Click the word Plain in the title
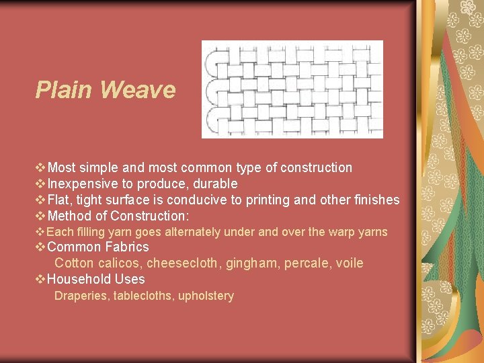pyautogui.click(x=63, y=90)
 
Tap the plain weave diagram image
pyautogui.click(x=292, y=89)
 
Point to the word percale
pyautogui.click(x=307, y=263)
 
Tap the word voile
pyautogui.click(x=349, y=263)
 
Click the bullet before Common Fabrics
pyautogui.click(x=40, y=247)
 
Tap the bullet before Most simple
pyautogui.click(x=40, y=167)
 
